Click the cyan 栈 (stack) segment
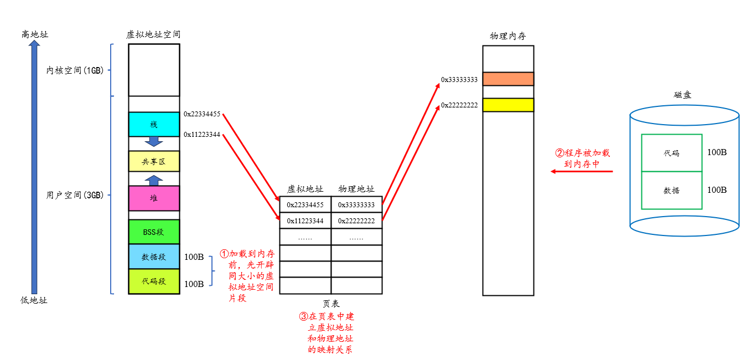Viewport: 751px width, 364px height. pos(154,124)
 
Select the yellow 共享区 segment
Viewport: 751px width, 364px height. pos(154,161)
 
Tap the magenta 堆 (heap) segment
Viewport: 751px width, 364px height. pos(154,198)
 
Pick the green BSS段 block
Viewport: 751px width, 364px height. pos(154,232)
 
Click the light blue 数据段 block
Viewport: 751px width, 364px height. pos(154,257)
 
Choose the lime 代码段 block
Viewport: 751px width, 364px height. pos(154,281)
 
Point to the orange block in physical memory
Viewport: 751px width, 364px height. pos(508,79)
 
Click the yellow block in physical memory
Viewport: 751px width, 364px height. pos(508,105)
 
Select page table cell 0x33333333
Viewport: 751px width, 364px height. pos(356,204)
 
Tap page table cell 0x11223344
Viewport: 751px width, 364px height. pos(305,221)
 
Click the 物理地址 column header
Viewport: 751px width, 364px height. pos(356,189)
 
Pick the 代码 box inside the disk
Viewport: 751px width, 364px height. pos(671,153)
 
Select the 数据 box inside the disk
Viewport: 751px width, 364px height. pos(671,190)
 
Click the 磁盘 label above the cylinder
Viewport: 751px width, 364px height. pos(682,95)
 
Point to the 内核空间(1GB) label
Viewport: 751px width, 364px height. pos(75,70)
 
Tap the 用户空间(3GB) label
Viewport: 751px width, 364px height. pos(75,195)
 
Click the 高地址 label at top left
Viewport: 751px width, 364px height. pos(35,34)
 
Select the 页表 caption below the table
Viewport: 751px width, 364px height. pos(331,304)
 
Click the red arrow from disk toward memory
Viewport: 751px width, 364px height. pos(582,172)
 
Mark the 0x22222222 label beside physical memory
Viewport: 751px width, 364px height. pos(459,105)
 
